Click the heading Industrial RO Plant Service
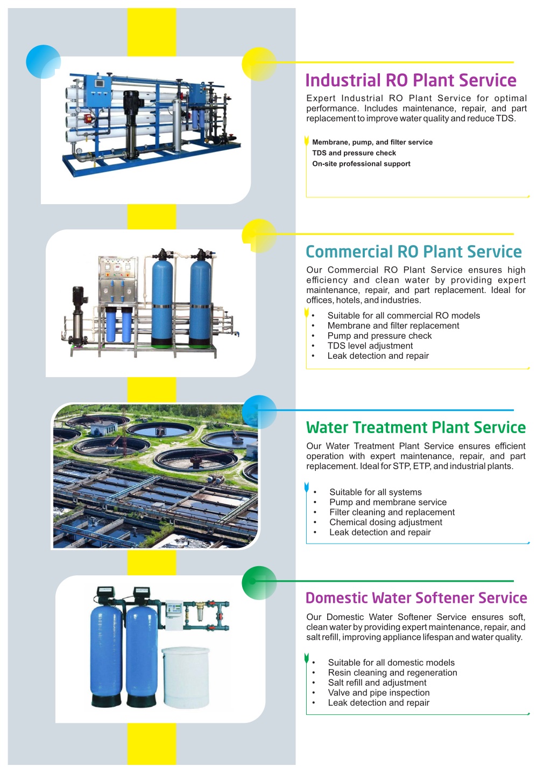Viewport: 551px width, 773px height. (x=411, y=80)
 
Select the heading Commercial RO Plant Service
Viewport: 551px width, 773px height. (x=414, y=252)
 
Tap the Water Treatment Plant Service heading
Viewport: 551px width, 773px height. (x=416, y=427)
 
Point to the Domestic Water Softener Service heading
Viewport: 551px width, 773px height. (x=416, y=598)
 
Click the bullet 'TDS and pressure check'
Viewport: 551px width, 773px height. (x=354, y=153)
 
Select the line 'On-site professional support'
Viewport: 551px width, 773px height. (x=361, y=164)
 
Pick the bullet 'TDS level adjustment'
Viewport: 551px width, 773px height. (x=370, y=346)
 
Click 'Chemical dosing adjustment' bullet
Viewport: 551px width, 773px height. (x=385, y=522)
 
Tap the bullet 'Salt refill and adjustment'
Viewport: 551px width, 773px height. (x=377, y=683)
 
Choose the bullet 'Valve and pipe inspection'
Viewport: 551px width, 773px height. (x=379, y=693)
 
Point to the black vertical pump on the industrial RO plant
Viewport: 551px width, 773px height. (x=131, y=124)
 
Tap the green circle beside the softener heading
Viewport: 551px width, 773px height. (x=259, y=583)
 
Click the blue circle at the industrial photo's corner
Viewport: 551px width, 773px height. (x=43, y=62)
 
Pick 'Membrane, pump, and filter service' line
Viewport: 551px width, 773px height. (x=372, y=142)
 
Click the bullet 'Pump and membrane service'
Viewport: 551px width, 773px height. (x=387, y=502)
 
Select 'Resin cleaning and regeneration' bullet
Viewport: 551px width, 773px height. (x=392, y=673)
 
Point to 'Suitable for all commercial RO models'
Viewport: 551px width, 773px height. (x=404, y=316)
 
